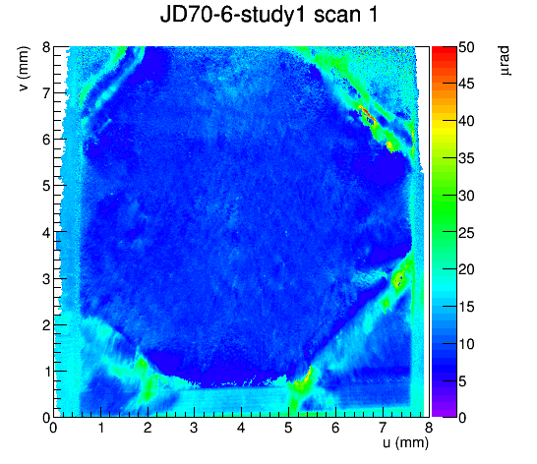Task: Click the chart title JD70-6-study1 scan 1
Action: [x=268, y=15]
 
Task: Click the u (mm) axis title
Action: [x=405, y=442]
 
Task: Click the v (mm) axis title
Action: [x=24, y=69]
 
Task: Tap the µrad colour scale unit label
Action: [x=505, y=61]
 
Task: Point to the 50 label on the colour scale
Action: [x=466, y=47]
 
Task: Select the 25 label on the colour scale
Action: [x=466, y=233]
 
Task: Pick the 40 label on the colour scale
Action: [x=466, y=122]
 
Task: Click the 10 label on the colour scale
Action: [x=466, y=344]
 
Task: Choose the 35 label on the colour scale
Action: [x=466, y=158]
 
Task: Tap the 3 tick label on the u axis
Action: [x=194, y=428]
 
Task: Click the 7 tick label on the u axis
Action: [x=383, y=428]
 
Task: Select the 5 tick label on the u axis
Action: [x=288, y=428]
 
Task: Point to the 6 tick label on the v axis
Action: [x=46, y=140]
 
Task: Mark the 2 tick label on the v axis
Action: [x=46, y=325]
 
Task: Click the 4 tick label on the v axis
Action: [x=46, y=232]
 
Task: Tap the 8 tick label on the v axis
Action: [x=46, y=47]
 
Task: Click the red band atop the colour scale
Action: [x=444, y=50]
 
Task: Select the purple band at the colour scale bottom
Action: [x=444, y=413]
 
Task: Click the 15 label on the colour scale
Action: [x=466, y=307]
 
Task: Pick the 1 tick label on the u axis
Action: [x=100, y=428]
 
